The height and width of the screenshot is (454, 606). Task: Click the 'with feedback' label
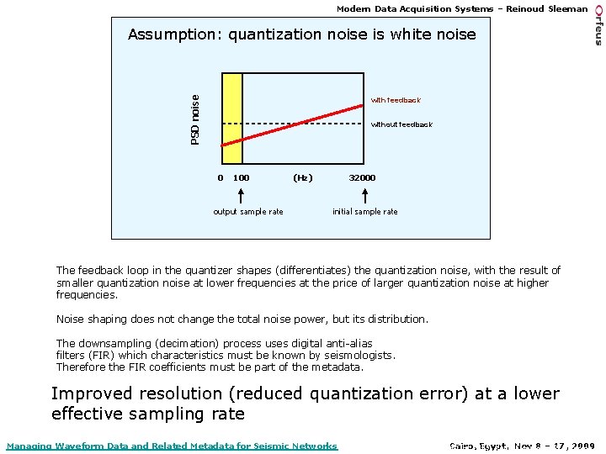(x=396, y=100)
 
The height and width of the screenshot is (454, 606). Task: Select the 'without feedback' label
(x=401, y=124)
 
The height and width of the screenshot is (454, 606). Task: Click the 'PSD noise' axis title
(x=195, y=119)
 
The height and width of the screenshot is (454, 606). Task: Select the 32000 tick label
(x=363, y=178)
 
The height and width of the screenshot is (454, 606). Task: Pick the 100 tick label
(x=242, y=178)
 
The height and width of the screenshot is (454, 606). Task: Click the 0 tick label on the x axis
(x=221, y=178)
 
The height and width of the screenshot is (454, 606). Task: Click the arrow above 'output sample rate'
(x=242, y=195)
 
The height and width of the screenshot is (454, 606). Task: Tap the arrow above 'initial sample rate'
(x=365, y=195)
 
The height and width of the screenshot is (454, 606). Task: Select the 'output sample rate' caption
(x=248, y=212)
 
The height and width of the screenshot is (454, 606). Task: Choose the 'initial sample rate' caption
(x=365, y=212)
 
